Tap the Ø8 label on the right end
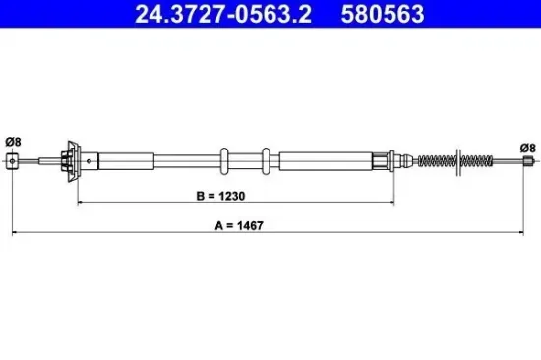(x=527, y=148)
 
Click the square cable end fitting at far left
(x=12, y=161)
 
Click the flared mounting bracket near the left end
(x=71, y=160)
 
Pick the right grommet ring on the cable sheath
(x=267, y=160)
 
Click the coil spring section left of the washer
(x=435, y=160)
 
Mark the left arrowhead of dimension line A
(x=14, y=233)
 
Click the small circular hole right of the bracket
(x=90, y=160)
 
